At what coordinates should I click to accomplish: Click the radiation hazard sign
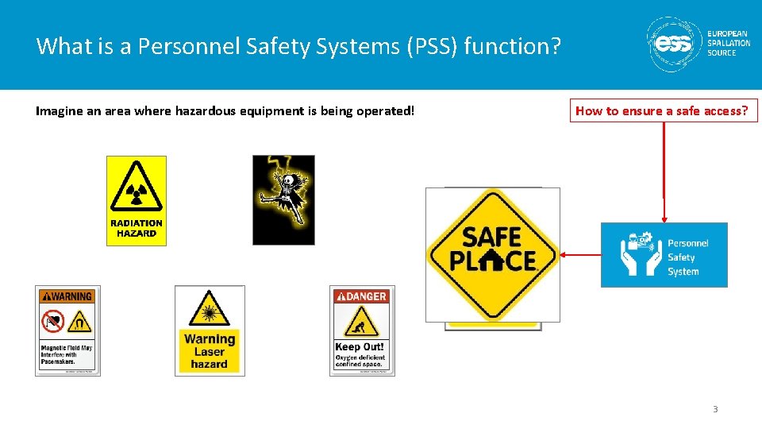(x=137, y=201)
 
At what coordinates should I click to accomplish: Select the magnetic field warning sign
(x=67, y=330)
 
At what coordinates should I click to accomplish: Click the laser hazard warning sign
(x=210, y=330)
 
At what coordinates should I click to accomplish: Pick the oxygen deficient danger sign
(x=362, y=330)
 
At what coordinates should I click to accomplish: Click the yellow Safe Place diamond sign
(x=492, y=254)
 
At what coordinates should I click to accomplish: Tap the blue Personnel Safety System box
(x=664, y=255)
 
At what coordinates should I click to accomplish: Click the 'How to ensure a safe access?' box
(x=662, y=111)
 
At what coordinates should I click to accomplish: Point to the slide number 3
(x=715, y=409)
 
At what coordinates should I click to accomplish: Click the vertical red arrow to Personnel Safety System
(x=664, y=171)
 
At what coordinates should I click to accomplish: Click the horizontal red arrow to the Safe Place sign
(x=580, y=255)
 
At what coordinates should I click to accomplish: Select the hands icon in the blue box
(x=640, y=255)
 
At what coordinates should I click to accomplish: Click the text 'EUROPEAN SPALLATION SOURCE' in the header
(x=728, y=44)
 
